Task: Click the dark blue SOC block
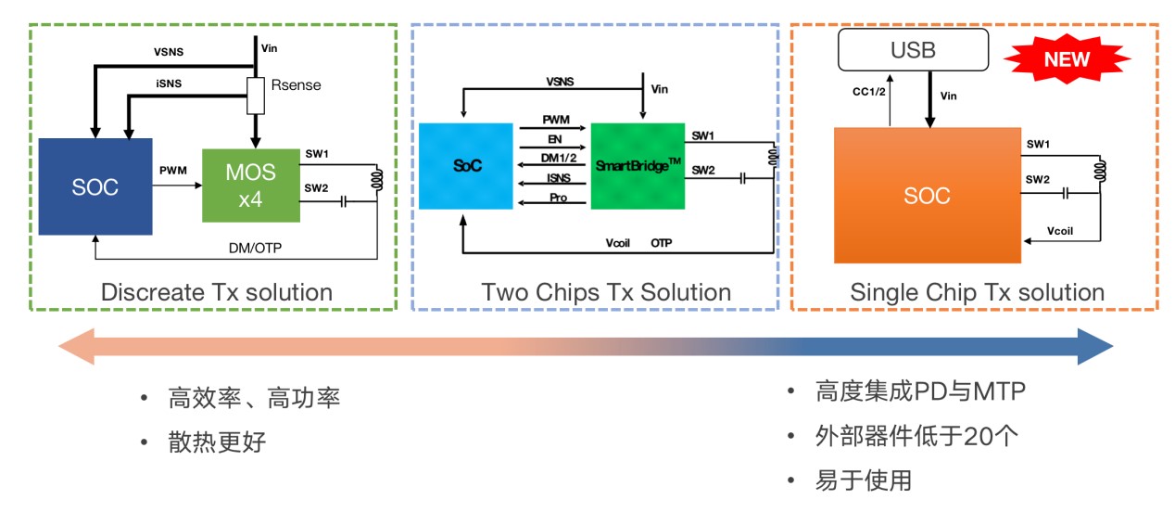pyautogui.click(x=95, y=186)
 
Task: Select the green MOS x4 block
pyautogui.click(x=251, y=184)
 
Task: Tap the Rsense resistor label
pyautogui.click(x=296, y=85)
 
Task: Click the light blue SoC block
pyautogui.click(x=465, y=165)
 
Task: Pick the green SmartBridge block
pyautogui.click(x=637, y=165)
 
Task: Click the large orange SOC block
pyautogui.click(x=927, y=196)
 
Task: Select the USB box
pyautogui.click(x=913, y=49)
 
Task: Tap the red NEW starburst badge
pyautogui.click(x=1066, y=60)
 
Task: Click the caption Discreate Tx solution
pyautogui.click(x=216, y=292)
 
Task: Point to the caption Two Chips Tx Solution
pyautogui.click(x=606, y=292)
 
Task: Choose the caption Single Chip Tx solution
pyautogui.click(x=977, y=292)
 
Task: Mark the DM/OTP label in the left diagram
pyautogui.click(x=255, y=248)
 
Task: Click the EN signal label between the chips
pyautogui.click(x=554, y=139)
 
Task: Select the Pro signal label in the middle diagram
pyautogui.click(x=557, y=198)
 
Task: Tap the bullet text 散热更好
pyautogui.click(x=217, y=442)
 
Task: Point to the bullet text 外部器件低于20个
pyautogui.click(x=916, y=436)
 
